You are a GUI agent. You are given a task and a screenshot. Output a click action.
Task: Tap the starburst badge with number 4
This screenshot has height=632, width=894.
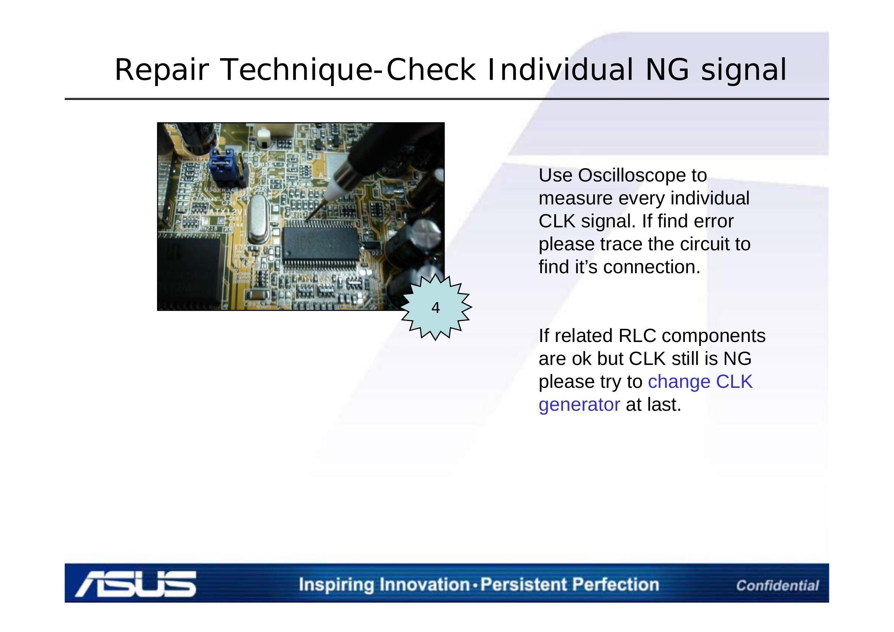pos(436,308)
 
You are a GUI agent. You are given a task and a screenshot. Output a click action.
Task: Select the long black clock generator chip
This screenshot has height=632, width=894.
pos(320,245)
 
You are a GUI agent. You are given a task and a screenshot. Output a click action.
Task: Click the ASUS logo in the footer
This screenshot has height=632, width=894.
pos(136,584)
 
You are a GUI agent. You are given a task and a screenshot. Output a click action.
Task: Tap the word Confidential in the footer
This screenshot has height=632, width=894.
pos(777,585)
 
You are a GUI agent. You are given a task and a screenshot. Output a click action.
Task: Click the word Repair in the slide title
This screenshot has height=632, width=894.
pos(160,70)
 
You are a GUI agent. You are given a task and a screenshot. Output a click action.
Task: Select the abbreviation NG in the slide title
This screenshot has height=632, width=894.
pos(667,70)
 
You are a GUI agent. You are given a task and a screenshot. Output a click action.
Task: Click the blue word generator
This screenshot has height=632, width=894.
pos(579,405)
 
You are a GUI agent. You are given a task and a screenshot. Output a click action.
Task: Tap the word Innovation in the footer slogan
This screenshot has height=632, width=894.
pos(424,585)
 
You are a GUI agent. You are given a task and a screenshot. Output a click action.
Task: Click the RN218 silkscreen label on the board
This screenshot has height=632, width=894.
pos(209,228)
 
